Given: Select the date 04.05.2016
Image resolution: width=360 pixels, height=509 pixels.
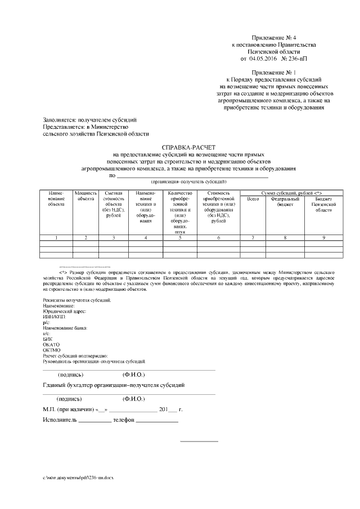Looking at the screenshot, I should click(263, 58).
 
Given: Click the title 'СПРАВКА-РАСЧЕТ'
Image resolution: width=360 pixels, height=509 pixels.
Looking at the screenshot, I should click(180, 146).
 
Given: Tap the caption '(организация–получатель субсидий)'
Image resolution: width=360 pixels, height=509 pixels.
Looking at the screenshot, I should click(188, 182).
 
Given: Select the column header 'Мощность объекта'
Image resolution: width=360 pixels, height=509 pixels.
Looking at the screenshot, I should click(85, 196).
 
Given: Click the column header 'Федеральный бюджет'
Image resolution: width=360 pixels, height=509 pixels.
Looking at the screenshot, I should click(285, 201).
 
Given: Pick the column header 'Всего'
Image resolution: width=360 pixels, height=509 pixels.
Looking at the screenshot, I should click(253, 199).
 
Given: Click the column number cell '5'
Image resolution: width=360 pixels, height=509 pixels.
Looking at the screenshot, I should click(180, 238).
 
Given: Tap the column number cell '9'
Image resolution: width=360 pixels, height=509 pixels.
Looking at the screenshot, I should click(323, 238).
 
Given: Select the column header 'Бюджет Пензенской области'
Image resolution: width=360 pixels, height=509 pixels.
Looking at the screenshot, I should click(323, 204).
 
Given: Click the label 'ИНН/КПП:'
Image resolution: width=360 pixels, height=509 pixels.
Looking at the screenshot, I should click(55, 317).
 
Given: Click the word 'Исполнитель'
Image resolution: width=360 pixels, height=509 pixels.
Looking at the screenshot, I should click(60, 420).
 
